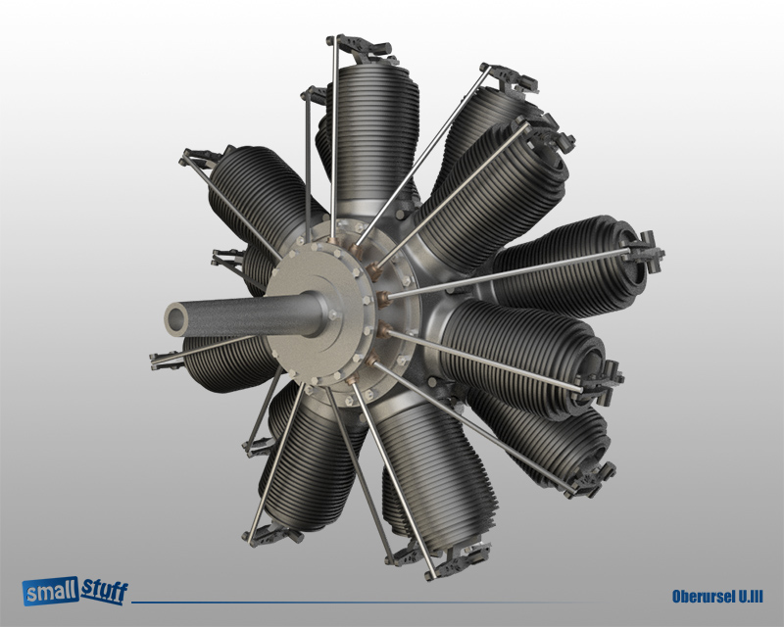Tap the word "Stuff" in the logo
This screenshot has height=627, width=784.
point(101,590)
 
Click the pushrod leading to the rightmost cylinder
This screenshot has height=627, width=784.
point(510,272)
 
